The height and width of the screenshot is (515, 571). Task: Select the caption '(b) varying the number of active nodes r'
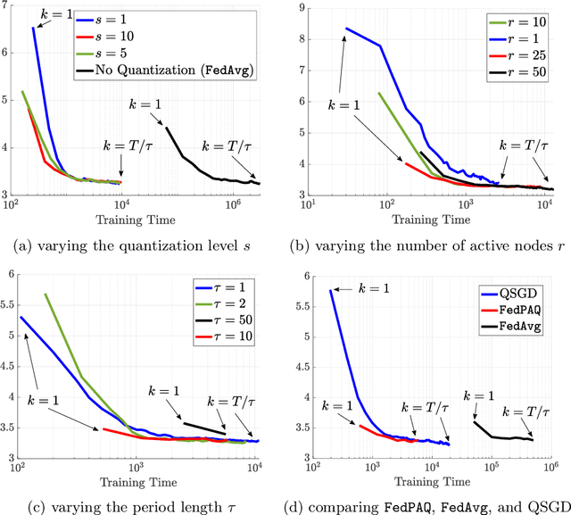431,241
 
